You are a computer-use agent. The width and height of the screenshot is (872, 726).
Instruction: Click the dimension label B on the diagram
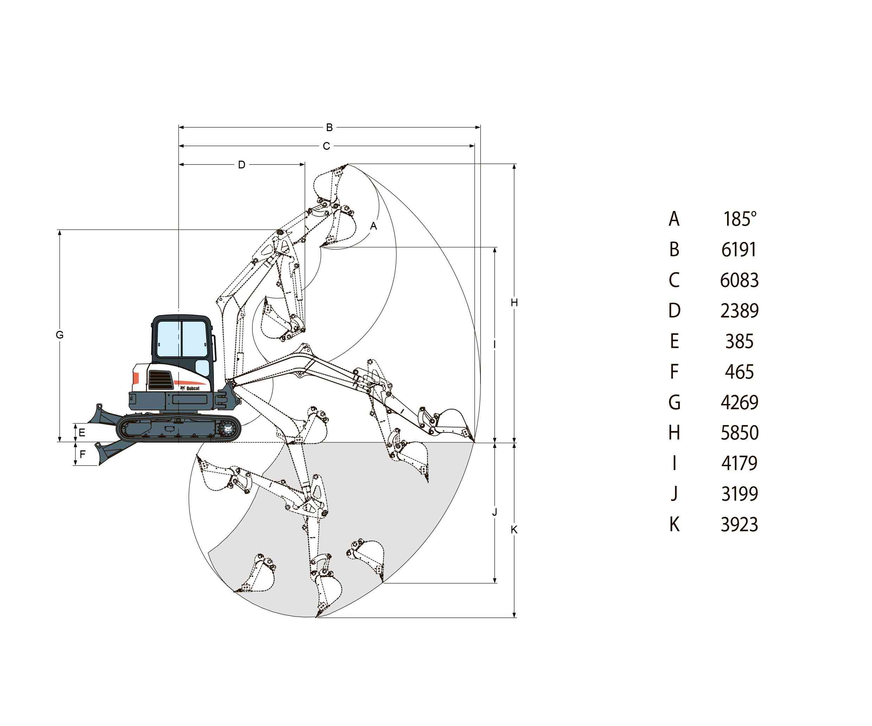(x=329, y=127)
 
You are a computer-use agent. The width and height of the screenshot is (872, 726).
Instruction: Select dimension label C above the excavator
(x=326, y=146)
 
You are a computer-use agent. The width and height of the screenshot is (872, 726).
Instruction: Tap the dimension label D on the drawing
(x=242, y=165)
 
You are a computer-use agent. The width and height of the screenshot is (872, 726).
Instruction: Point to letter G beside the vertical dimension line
(x=60, y=335)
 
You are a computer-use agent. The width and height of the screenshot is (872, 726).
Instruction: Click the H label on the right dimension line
(x=514, y=303)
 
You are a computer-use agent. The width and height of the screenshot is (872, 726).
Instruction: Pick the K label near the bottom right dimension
(x=514, y=530)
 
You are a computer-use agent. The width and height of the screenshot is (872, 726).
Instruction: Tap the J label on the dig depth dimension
(x=495, y=513)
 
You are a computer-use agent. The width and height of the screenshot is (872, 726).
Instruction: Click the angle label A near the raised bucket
(x=373, y=226)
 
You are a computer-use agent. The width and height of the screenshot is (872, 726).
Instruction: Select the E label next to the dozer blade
(x=82, y=433)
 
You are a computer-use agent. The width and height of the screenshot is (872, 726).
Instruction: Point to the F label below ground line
(x=82, y=454)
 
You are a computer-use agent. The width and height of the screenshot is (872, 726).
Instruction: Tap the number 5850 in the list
(x=739, y=433)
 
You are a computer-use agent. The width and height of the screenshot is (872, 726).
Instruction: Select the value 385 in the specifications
(x=739, y=342)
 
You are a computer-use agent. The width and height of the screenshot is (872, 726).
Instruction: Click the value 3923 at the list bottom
(x=739, y=525)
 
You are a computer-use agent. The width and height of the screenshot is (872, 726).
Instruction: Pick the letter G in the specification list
(x=675, y=403)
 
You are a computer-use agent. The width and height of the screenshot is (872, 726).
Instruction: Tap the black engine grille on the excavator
(x=161, y=380)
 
